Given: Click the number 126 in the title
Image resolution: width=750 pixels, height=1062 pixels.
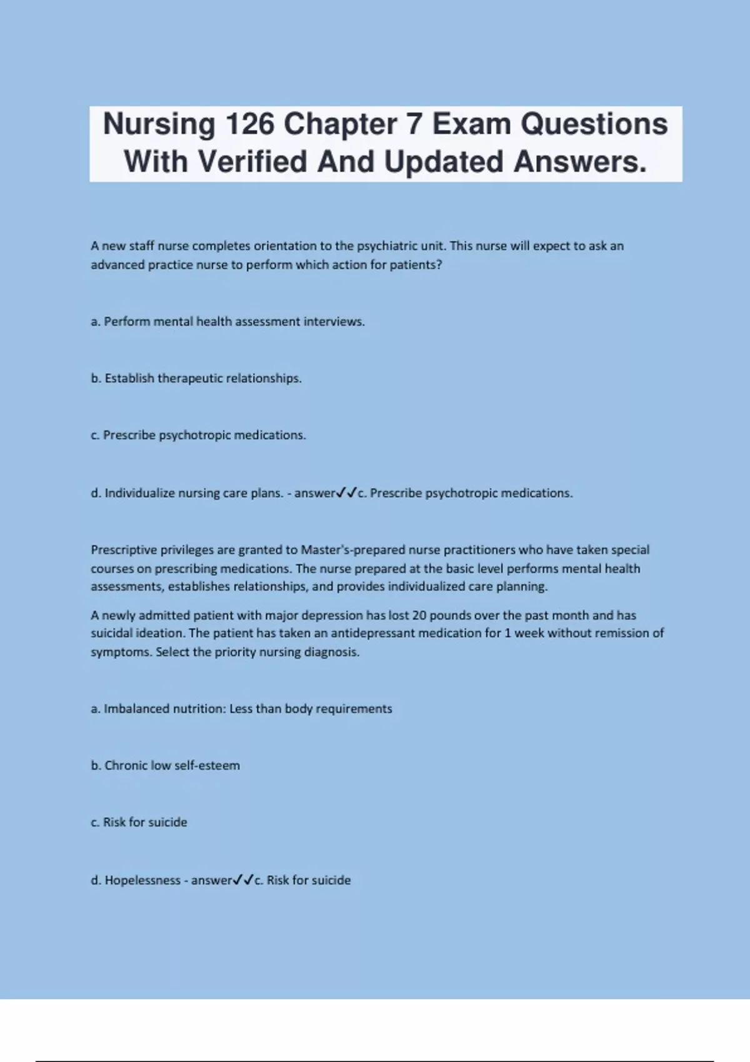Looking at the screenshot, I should pyautogui.click(x=249, y=124).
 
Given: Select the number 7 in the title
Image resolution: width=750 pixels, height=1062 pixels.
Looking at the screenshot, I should pyautogui.click(x=414, y=124).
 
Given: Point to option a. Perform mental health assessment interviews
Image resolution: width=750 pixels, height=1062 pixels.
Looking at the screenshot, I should pyautogui.click(x=228, y=322).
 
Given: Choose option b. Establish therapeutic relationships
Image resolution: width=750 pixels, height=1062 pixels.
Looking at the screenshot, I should pyautogui.click(x=196, y=379).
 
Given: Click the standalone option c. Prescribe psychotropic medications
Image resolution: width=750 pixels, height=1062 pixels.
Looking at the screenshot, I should pyautogui.click(x=199, y=435).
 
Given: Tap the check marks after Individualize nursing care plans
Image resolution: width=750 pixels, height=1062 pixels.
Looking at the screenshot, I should pyautogui.click(x=346, y=494).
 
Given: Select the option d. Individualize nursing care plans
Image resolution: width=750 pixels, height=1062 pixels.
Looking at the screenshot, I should pyautogui.click(x=187, y=494).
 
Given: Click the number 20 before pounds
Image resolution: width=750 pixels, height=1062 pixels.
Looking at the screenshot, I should pyautogui.click(x=419, y=615).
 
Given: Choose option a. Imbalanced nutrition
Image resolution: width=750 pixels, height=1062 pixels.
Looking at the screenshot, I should pyautogui.click(x=241, y=709).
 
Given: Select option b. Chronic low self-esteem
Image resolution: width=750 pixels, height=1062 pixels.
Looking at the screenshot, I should pyautogui.click(x=166, y=766).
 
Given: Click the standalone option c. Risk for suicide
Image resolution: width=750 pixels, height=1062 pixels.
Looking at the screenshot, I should pyautogui.click(x=139, y=823).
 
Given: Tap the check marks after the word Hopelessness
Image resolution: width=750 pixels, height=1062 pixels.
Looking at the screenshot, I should pyautogui.click(x=242, y=881).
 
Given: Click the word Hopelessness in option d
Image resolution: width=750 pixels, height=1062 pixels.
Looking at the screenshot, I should pyautogui.click(x=142, y=881).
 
